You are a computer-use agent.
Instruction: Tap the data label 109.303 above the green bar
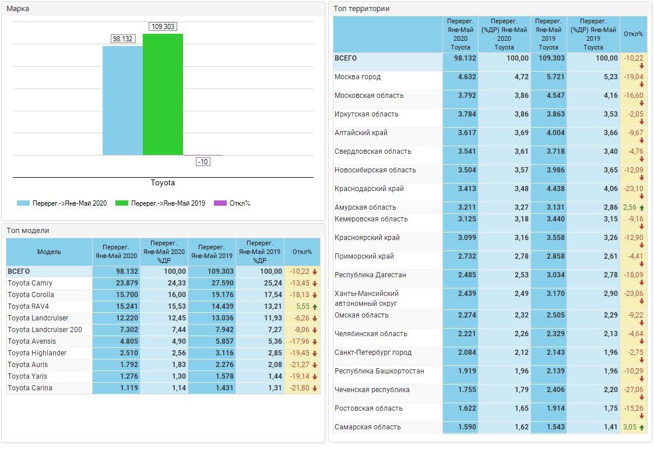point(163,27)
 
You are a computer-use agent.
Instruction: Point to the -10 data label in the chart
point(203,162)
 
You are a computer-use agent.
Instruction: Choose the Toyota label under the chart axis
point(163,183)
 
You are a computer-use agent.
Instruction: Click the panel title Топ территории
point(361,9)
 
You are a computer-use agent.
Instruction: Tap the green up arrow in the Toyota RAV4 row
point(315,306)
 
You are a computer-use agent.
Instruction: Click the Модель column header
point(49,252)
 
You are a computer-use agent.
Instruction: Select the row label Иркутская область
point(366,114)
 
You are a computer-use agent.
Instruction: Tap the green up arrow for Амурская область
point(642,207)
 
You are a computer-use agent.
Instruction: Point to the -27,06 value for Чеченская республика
point(632,390)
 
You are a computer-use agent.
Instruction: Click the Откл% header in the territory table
point(633,34)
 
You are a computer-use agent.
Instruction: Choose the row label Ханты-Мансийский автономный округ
point(366,298)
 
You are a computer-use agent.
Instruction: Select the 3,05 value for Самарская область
point(630,427)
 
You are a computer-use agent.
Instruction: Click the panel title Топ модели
point(28,231)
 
